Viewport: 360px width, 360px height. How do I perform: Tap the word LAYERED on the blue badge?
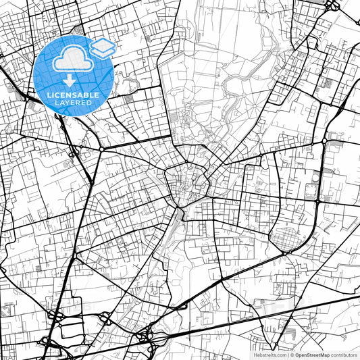pos(74,103)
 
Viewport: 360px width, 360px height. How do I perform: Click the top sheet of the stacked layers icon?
pos(103,44)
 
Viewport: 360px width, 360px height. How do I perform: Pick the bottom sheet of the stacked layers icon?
pos(103,52)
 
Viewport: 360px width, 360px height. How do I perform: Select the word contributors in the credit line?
pos(344,354)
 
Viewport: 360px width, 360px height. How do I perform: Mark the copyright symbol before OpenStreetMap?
pos(291,354)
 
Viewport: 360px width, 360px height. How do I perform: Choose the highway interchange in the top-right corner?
pos(332,5)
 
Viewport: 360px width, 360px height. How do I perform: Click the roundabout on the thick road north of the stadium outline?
pos(324,141)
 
